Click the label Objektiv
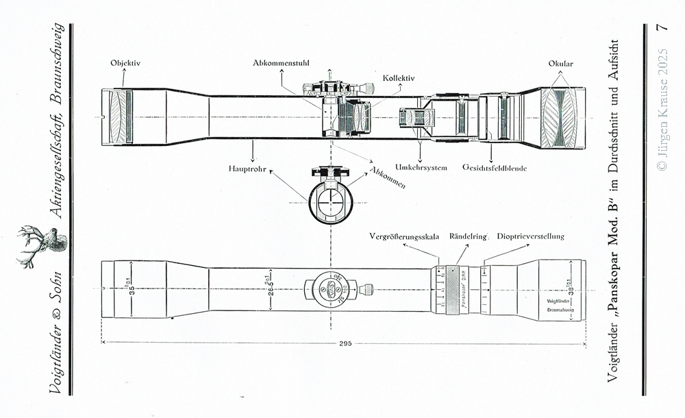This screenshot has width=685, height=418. point(125,64)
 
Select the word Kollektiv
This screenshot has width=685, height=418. point(399,78)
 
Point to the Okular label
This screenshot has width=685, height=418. point(560,64)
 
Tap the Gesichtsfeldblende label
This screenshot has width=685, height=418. point(495,167)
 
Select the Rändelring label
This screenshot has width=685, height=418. point(467,236)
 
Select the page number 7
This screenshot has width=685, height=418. point(662,28)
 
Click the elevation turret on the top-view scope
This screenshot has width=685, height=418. point(330,288)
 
